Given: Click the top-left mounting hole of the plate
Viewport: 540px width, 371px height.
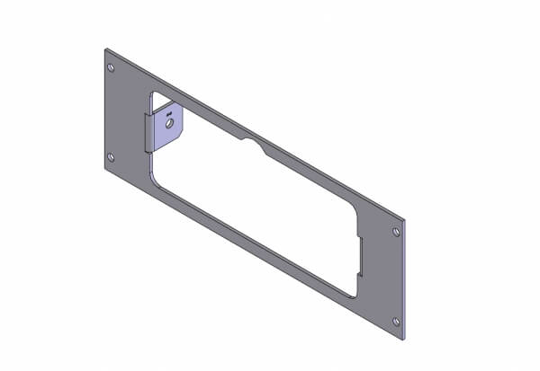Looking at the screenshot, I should pos(111,68).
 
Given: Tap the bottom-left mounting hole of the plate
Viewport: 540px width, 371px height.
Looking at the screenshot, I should pos(111,157).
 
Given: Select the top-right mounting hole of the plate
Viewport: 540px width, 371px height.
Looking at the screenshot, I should pos(397,232).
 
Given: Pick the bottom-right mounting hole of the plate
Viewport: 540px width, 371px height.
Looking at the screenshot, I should pos(397,321).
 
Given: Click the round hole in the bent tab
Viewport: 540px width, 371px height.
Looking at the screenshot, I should pos(167,125).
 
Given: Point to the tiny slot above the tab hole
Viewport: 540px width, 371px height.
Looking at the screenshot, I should pos(167,112).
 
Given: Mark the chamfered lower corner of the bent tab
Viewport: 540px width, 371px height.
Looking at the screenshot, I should pos(181,137).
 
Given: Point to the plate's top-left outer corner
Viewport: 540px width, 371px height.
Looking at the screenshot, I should pos(104,49).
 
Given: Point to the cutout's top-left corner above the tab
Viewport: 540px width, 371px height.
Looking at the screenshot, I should pos(155,93).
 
